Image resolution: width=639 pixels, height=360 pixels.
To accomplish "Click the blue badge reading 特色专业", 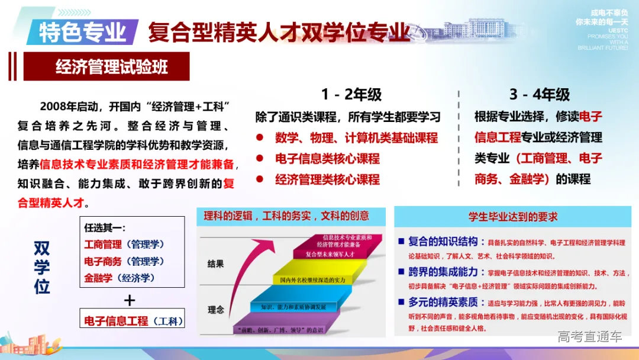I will pyautogui.click(x=83, y=32).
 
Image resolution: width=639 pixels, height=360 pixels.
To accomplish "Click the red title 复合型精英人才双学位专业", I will pyautogui.click(x=279, y=32).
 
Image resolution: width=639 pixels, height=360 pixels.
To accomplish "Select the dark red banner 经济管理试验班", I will pyautogui.click(x=107, y=66).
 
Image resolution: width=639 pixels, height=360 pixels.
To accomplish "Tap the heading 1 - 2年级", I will pyautogui.click(x=351, y=94).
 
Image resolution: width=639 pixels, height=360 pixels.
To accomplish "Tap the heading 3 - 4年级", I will pyautogui.click(x=539, y=94).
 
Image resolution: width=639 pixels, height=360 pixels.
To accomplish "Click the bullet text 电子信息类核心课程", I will pyautogui.click(x=327, y=159).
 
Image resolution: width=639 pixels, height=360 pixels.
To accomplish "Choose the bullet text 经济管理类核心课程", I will pyautogui.click(x=327, y=179).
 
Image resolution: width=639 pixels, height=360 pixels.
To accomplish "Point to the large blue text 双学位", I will pyautogui.click(x=41, y=267).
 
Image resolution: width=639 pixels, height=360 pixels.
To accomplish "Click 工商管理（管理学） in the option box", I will pyautogui.click(x=125, y=244).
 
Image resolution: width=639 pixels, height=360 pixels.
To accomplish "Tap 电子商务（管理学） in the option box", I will pyautogui.click(x=125, y=261).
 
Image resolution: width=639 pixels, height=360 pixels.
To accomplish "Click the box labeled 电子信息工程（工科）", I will pyautogui.click(x=133, y=321).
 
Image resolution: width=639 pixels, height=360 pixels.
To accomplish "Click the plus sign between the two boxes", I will pyautogui.click(x=129, y=300).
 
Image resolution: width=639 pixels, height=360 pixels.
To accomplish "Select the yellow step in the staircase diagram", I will pyautogui.click(x=319, y=278).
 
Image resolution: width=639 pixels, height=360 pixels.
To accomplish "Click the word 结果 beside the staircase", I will pyautogui.click(x=216, y=264).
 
